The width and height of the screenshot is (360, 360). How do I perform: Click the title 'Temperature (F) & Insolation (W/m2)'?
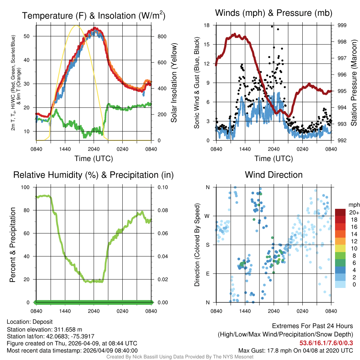pos(94,16)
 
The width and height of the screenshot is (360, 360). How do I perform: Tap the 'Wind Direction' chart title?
pos(274,175)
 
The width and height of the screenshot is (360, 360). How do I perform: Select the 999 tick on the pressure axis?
pos(341,25)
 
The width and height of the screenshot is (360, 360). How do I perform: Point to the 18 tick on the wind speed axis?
pos(207,25)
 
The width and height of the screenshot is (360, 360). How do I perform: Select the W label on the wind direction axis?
pos(207,216)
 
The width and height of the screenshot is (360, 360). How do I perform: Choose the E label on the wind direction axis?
pos(208,274)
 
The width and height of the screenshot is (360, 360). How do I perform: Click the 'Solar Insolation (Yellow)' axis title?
pos(174,83)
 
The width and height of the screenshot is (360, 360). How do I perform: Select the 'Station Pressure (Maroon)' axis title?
pos(354,83)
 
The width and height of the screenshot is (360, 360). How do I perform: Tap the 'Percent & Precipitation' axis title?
pos(12,245)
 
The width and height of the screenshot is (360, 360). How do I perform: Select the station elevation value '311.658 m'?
pos(68,329)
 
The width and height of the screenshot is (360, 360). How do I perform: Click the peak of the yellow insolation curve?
pos(76,25)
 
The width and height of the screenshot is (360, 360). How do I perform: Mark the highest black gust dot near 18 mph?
pos(272,26)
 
